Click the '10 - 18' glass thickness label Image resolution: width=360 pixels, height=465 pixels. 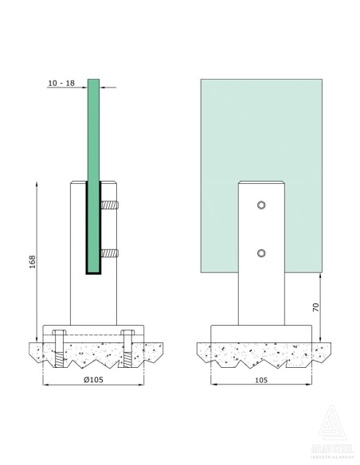point(61,83)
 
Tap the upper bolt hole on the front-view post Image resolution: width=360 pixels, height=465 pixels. point(261,206)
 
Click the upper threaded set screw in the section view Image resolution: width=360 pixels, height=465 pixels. point(109,207)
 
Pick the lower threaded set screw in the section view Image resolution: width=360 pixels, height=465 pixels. point(109,255)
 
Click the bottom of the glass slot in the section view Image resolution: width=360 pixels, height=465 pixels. point(93,274)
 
